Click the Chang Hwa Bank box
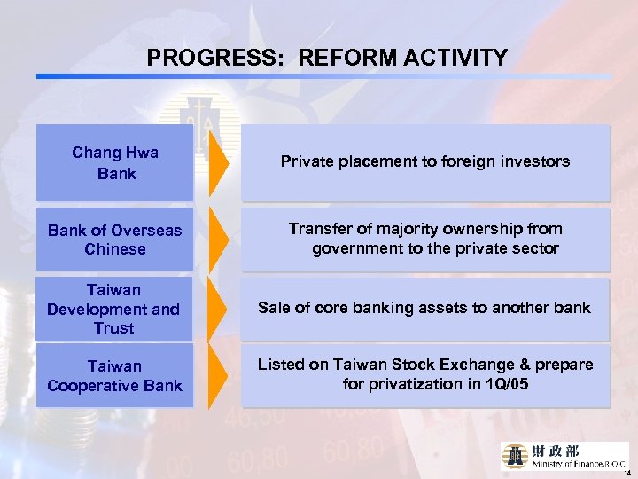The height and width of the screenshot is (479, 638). [x=115, y=162]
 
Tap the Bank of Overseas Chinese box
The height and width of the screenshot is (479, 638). [x=115, y=239]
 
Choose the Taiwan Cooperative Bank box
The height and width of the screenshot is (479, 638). [x=115, y=375]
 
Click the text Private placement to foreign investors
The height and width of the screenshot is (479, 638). [x=425, y=161]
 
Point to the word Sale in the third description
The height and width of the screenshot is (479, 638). [x=274, y=308]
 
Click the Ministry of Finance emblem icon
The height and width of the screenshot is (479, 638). [x=516, y=454]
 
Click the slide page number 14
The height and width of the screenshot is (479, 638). [x=626, y=473]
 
